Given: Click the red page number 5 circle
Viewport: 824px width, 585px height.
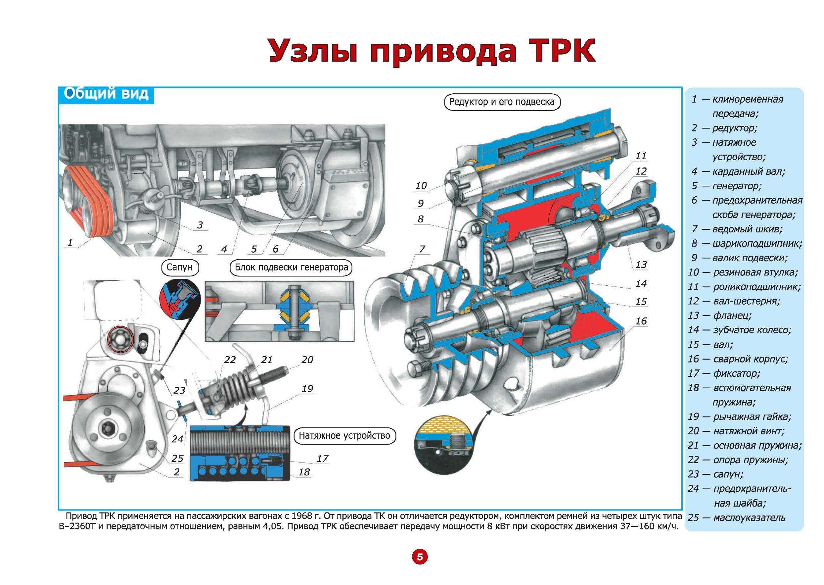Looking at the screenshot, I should pos(419,557).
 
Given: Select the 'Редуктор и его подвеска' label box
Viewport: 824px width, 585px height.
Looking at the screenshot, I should pos(502,102).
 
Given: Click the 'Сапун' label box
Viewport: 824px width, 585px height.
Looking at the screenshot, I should pos(180,267).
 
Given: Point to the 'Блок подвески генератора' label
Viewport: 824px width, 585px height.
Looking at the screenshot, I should pos(291,267).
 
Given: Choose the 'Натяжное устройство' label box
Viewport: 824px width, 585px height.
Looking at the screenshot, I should pos(344,435).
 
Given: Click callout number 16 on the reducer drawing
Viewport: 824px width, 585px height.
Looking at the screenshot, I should pos(641,321).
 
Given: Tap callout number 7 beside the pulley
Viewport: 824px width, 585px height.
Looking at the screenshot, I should pos(422,249).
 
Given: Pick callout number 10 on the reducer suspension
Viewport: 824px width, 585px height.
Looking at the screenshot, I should pos(421,186).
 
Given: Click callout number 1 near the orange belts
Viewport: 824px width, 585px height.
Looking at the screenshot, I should pos(70,242).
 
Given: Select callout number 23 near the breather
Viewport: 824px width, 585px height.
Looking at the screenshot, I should pos(179,390).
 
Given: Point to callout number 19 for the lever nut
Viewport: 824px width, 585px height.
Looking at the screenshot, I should pos(307,389).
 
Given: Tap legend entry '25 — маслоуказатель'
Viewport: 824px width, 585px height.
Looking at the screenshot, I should pos(737,518).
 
